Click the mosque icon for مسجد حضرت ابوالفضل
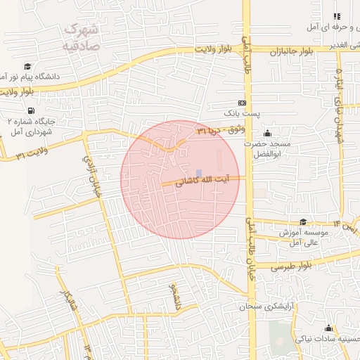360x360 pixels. [x=266, y=134]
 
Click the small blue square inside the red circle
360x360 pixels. [x=199, y=173]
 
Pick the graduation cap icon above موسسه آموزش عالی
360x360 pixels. [x=302, y=222]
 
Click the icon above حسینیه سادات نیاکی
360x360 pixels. [x=328, y=328]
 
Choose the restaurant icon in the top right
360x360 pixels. [x=336, y=15]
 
